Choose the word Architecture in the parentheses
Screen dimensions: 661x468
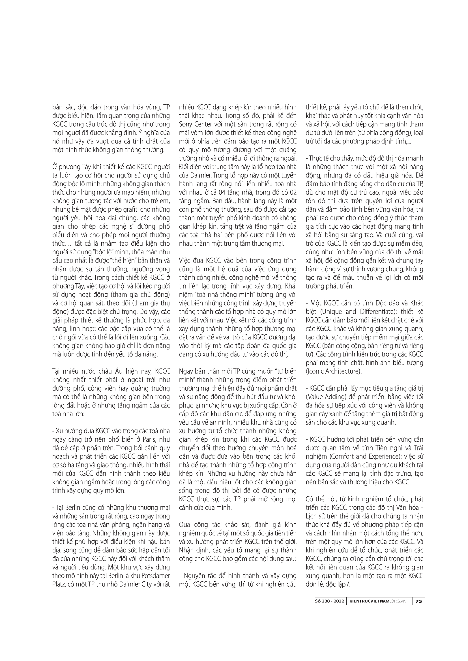click(343, 371)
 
